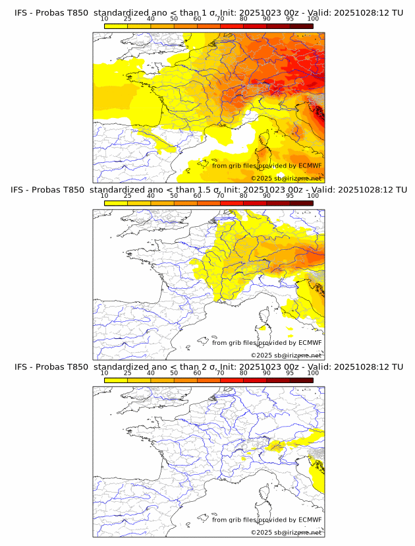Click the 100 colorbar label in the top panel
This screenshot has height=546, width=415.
coord(313,18)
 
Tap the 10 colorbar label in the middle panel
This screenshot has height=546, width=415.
coord(105,196)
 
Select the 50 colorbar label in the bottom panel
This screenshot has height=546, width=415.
coord(174,373)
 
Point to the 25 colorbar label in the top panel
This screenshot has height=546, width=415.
coord(128,18)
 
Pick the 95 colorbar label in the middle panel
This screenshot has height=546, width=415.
coord(290,196)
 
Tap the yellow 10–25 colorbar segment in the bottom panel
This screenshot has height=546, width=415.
coord(116,380)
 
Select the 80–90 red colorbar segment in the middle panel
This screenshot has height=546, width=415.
coord(255,202)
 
